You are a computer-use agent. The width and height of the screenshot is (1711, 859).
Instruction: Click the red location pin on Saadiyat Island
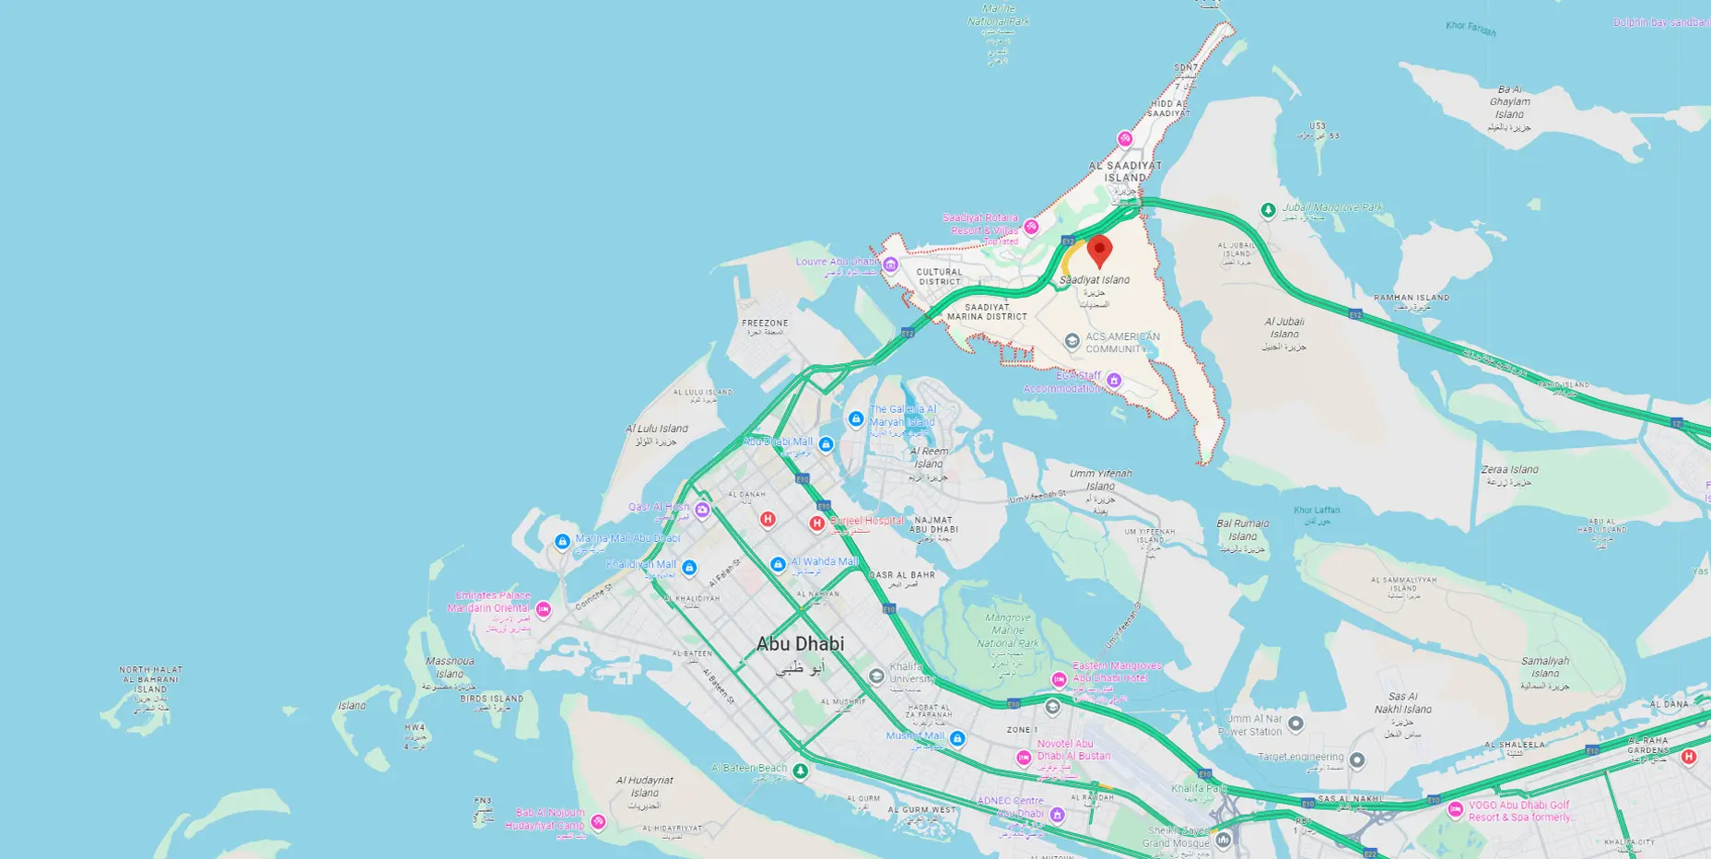click(x=1099, y=250)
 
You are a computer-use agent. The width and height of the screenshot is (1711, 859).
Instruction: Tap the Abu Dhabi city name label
click(x=800, y=644)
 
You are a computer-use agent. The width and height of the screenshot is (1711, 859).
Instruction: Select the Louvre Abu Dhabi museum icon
click(x=890, y=265)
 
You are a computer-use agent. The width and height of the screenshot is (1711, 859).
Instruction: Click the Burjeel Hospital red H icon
click(x=816, y=524)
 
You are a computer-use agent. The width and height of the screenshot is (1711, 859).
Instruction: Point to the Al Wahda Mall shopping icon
click(x=778, y=564)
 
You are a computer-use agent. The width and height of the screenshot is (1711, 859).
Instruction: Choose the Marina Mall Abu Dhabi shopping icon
click(x=562, y=542)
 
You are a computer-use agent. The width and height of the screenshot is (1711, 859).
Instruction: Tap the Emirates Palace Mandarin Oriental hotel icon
click(x=544, y=608)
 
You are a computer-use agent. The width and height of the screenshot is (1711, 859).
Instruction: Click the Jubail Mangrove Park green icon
click(x=1268, y=210)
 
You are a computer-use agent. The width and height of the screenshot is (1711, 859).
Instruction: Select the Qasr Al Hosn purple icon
click(x=702, y=510)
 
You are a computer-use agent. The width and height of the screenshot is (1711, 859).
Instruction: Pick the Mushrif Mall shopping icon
click(x=957, y=738)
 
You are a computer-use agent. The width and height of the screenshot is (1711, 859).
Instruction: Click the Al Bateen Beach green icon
click(x=801, y=771)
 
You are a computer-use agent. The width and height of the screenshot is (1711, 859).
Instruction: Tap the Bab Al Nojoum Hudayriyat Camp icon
click(x=598, y=821)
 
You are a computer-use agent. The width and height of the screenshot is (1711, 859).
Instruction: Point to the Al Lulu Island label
click(x=656, y=429)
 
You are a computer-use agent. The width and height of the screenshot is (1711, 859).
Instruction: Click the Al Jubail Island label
click(x=1284, y=328)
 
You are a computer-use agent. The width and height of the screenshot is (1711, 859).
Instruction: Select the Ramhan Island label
click(x=1411, y=298)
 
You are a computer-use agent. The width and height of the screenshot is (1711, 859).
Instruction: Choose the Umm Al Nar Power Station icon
click(x=1295, y=724)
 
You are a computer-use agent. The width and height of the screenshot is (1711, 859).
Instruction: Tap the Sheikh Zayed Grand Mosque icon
click(x=1224, y=840)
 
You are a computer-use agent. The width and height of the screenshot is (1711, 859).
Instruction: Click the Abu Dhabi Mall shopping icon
click(x=826, y=444)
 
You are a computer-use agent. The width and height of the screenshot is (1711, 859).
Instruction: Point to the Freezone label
click(x=765, y=324)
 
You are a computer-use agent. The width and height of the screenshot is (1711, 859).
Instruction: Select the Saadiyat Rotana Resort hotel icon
click(x=1031, y=227)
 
